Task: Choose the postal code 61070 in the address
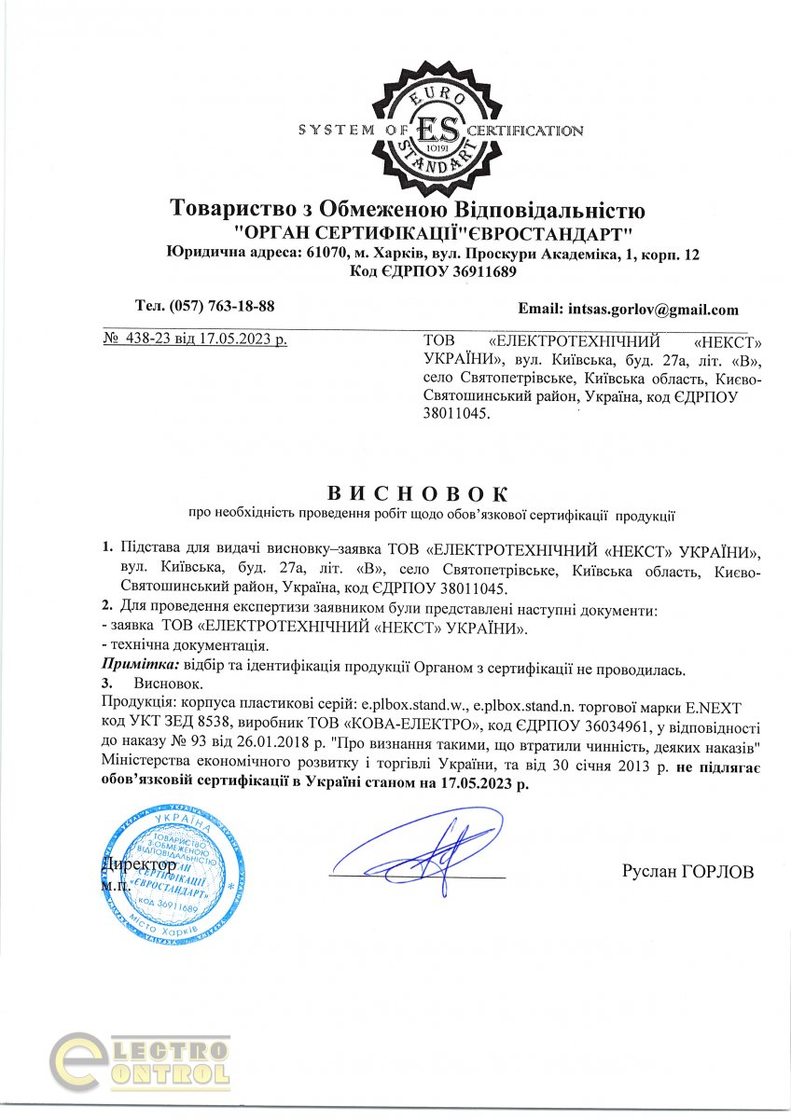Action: tap(324, 255)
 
